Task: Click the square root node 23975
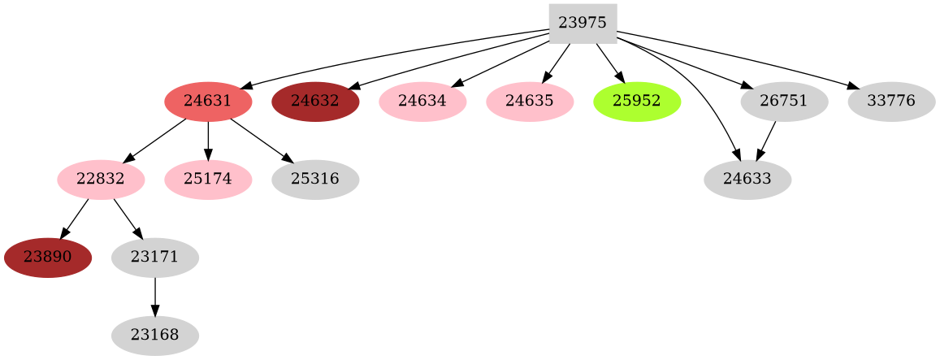(x=583, y=24)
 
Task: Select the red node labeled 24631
(x=208, y=102)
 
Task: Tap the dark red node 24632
(x=315, y=102)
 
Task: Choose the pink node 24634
(x=422, y=102)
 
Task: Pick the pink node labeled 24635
(x=530, y=102)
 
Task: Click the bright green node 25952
(x=637, y=102)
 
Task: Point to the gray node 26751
(x=784, y=102)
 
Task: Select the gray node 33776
(x=891, y=102)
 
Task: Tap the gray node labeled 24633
(x=747, y=180)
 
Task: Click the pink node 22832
(x=101, y=180)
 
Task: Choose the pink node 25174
(x=208, y=180)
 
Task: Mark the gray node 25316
(x=315, y=180)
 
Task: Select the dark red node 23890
(x=47, y=258)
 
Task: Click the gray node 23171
(x=154, y=258)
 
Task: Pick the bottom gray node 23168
(x=154, y=335)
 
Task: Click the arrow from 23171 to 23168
(x=154, y=296)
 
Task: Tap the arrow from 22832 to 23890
(x=75, y=218)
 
